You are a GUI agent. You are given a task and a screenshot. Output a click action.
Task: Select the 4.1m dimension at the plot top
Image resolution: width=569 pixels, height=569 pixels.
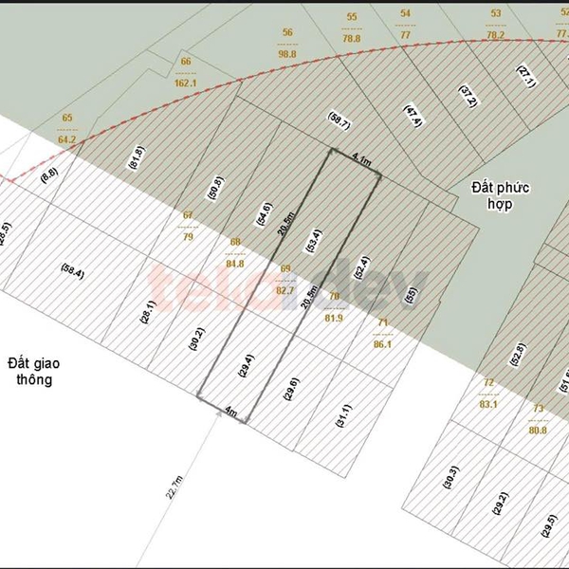coord(359,160)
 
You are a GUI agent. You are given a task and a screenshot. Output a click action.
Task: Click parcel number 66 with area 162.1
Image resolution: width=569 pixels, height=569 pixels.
coord(187,72)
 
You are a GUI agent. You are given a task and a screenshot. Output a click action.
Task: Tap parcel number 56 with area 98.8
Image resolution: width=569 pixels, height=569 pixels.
coord(288,44)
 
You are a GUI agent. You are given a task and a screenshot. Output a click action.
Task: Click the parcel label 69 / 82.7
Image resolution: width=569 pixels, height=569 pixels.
coord(285,280)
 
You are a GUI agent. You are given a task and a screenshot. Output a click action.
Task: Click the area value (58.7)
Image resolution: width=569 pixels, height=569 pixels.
coord(340,120)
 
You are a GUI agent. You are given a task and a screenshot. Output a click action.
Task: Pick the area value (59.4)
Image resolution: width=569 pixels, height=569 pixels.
coord(73,273)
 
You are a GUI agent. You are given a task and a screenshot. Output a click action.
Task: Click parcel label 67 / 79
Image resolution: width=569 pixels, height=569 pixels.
coord(188,225)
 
